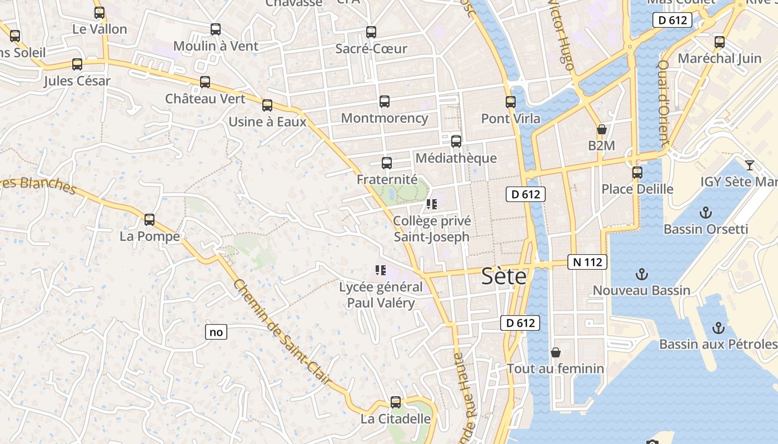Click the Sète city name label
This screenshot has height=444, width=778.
tap(503, 276)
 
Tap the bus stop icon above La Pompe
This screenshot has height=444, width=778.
tap(149, 220)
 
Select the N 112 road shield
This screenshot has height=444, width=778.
tap(587, 262)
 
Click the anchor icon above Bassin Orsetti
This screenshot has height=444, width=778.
tap(705, 213)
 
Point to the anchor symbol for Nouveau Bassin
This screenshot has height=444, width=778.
tap(642, 274)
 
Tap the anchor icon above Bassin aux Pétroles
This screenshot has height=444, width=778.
tap(719, 328)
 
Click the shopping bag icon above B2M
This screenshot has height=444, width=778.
tap(601, 130)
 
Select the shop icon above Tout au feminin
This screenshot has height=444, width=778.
tap(555, 352)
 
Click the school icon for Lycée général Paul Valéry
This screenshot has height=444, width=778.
tap(381, 271)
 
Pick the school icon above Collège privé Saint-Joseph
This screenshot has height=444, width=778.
tap(432, 205)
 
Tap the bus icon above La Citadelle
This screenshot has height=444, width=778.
tap(396, 402)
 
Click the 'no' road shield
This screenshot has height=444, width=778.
tap(216, 332)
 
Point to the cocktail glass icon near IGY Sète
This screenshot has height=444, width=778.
tap(750, 165)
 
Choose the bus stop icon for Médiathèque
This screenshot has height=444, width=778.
tap(456, 142)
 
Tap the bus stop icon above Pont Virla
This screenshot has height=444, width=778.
tap(511, 102)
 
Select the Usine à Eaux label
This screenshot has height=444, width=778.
tap(267, 122)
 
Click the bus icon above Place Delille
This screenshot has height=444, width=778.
tap(637, 173)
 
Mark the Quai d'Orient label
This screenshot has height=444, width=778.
tap(664, 103)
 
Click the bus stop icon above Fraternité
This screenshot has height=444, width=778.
tap(387, 163)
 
